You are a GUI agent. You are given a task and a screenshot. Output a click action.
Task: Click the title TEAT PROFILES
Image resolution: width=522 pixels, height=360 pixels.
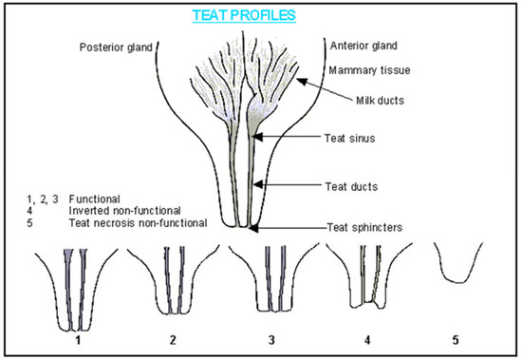pos(244,15)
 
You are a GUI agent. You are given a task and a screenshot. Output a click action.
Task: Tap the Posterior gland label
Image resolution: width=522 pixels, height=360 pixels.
pos(116,47)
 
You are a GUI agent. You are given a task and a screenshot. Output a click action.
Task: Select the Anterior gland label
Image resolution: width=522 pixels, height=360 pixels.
pos(364,46)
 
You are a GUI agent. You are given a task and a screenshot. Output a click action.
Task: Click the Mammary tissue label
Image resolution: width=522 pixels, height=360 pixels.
pos(369,70)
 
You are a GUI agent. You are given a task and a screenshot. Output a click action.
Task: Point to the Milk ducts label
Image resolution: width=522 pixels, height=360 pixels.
pos(380,101)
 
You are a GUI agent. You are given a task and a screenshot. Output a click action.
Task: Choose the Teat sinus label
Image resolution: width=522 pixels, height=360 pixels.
pos(349,139)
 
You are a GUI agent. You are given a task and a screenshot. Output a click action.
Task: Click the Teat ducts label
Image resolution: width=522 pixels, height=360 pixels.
pos(351,187)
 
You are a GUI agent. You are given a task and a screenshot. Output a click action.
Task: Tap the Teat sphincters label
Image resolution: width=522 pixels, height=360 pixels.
pos(364,228)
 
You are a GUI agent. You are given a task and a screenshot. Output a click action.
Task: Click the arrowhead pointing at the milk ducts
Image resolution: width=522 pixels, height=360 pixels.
pos(301,81)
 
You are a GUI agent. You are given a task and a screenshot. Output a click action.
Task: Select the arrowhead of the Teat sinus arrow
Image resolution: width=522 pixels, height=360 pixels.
pos(257,137)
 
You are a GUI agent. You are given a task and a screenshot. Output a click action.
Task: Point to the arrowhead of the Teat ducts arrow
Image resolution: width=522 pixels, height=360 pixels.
pos(258,184)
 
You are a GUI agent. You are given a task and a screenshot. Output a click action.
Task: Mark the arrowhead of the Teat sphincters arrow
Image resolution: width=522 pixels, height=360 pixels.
pos(253,228)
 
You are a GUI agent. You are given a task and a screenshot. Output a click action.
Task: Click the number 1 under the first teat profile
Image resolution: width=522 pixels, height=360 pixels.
pos(78,340)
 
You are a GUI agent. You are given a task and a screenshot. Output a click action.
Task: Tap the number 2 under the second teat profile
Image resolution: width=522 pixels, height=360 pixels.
pos(173,340)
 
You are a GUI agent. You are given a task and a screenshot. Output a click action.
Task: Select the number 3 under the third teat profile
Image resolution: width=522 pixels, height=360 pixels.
pos(271,340)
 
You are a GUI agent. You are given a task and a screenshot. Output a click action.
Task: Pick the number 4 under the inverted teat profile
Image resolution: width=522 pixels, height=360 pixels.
pos(367,340)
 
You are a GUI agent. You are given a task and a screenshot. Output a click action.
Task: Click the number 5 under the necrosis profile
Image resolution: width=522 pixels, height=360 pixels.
pos(456,340)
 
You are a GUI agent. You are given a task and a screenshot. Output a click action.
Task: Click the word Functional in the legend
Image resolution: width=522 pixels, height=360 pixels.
pos(94,199)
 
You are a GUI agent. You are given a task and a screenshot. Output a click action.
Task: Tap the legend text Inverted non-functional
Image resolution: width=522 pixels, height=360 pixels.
pos(125,211)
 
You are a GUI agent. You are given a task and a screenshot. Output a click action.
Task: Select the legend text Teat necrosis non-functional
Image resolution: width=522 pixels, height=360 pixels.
pos(139,223)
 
